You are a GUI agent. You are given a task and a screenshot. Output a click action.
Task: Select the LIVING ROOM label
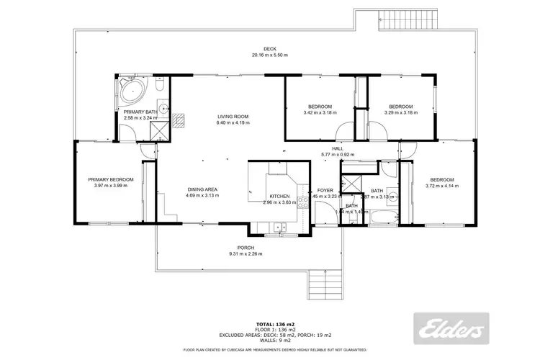click(x=233, y=117)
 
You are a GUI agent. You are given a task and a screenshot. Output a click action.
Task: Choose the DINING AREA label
click(x=202, y=189)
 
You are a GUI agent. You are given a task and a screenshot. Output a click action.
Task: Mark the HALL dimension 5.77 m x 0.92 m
click(x=337, y=155)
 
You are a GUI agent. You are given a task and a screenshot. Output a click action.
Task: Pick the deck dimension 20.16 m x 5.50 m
click(x=269, y=55)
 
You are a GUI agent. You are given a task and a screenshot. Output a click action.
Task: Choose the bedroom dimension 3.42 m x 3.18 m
click(x=320, y=112)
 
